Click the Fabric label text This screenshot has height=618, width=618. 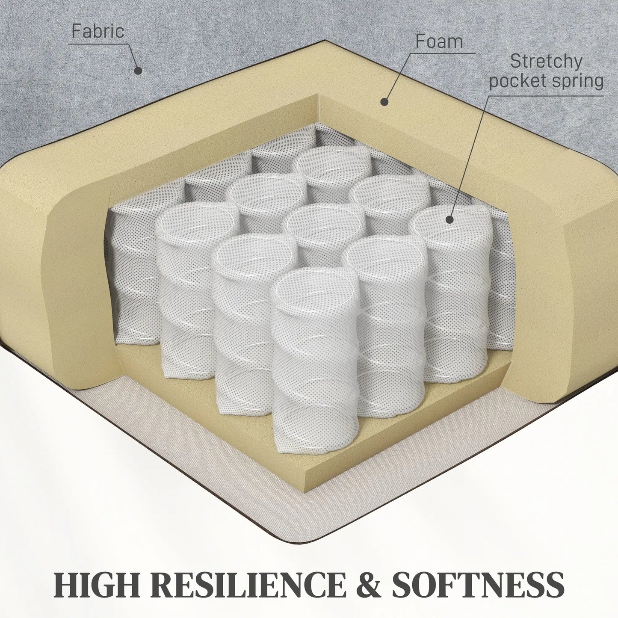coord(98,31)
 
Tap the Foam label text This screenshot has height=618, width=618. coord(439,41)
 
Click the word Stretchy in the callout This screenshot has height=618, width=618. coord(546,61)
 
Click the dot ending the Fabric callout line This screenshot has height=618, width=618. coord(138,71)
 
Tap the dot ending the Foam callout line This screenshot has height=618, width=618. coord(384,102)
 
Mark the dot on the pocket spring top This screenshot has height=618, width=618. coord(449,220)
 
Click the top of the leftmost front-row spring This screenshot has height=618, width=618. coord(197,221)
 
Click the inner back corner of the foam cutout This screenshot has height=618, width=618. coord(317,95)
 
